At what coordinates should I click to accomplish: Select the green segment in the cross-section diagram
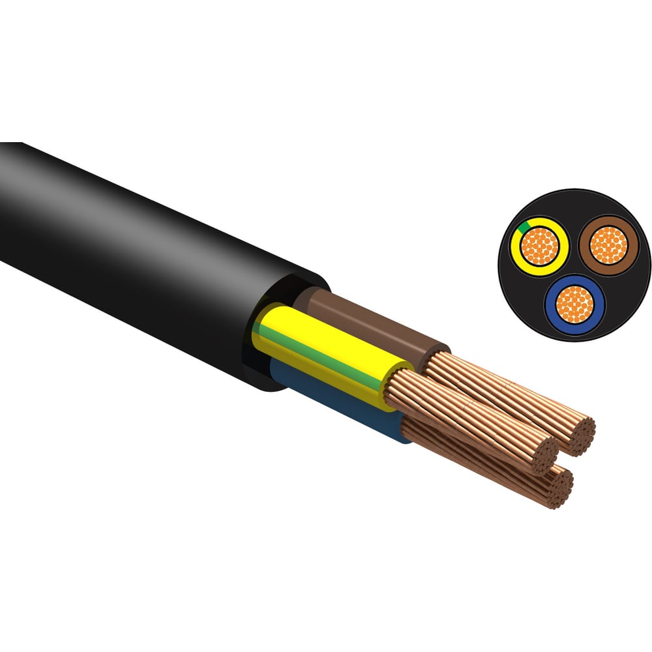coord(522,229)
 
